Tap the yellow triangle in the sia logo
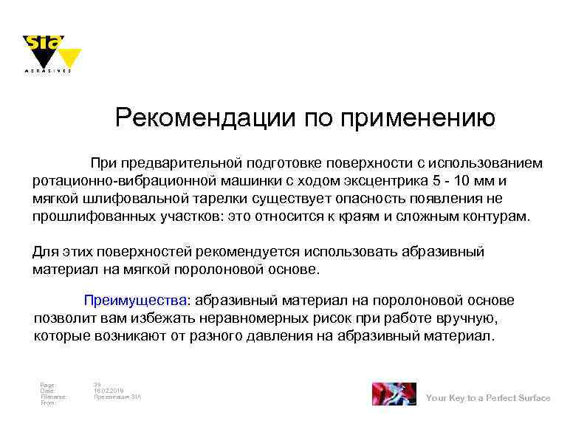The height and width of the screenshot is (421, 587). [69, 56]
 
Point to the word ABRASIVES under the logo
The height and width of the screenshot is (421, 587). [49, 72]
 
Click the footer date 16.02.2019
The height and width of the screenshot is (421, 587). [109, 391]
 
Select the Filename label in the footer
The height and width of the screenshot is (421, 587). [52, 397]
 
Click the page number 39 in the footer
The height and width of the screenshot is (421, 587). [97, 384]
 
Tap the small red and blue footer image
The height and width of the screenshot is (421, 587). [394, 394]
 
